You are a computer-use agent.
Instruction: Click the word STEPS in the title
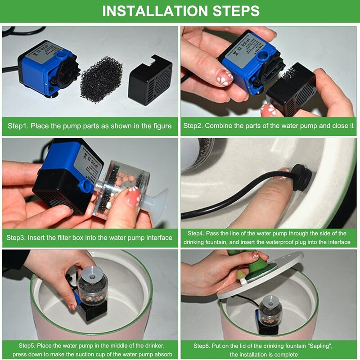point(236,11)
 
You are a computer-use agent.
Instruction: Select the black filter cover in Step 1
point(150,80)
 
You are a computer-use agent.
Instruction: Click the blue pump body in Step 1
point(46,69)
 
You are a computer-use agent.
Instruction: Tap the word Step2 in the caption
point(193,126)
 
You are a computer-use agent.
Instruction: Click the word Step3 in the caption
point(16,238)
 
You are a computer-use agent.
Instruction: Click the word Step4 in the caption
point(196,234)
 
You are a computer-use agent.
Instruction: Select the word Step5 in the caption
point(27,346)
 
